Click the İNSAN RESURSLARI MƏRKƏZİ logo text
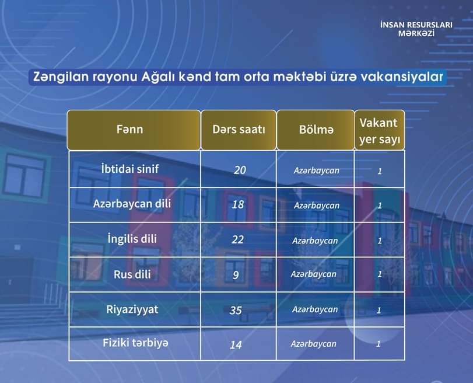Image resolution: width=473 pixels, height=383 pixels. coord(416,29)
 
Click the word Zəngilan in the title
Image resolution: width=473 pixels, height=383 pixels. coord(61,76)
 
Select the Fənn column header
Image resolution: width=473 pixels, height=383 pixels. coord(129,130)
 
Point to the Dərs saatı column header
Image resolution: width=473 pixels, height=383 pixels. coord(239,130)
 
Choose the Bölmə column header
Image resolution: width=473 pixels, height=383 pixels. coord(316,130)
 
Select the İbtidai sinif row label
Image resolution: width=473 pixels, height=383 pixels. coord(130,169)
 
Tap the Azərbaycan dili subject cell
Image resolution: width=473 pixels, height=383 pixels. coord(132,204)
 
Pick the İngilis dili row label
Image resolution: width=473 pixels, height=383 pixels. coord(132,239)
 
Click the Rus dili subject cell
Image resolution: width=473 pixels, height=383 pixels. coord(132,274)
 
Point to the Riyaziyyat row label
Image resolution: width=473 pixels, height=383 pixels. coord(132,309)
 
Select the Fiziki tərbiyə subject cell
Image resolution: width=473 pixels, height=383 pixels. coord(135,343)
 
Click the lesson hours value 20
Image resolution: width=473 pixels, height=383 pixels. coord(240,170)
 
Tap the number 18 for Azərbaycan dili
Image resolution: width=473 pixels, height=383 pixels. coord(238,205)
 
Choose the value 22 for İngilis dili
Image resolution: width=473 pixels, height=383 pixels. coord(238,240)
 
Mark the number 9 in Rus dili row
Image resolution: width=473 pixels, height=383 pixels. coord(236,275)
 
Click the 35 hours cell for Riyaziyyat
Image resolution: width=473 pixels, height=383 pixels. coord(236,311)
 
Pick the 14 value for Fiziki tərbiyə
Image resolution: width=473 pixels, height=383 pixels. coord(236,345)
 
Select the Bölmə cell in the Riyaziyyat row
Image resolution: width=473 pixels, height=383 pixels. coord(315,309)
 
